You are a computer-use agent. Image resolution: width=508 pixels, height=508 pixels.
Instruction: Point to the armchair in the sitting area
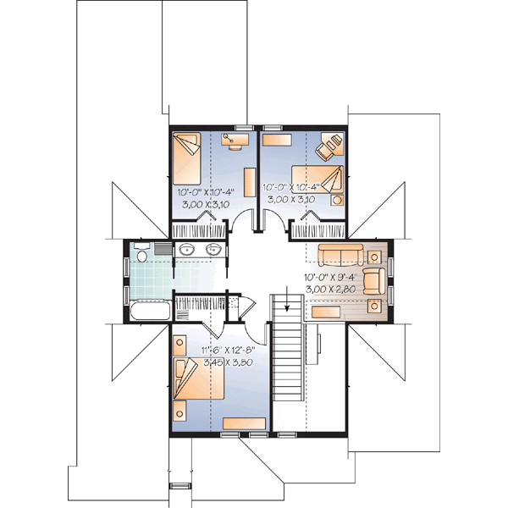pos(373,280)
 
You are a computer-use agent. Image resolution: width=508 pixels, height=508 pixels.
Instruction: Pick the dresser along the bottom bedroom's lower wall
pos(244,422)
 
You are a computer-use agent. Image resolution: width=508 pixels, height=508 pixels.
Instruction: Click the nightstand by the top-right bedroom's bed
pos(338,200)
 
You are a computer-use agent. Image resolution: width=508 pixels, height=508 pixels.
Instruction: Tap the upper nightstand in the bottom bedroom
pos(179,345)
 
